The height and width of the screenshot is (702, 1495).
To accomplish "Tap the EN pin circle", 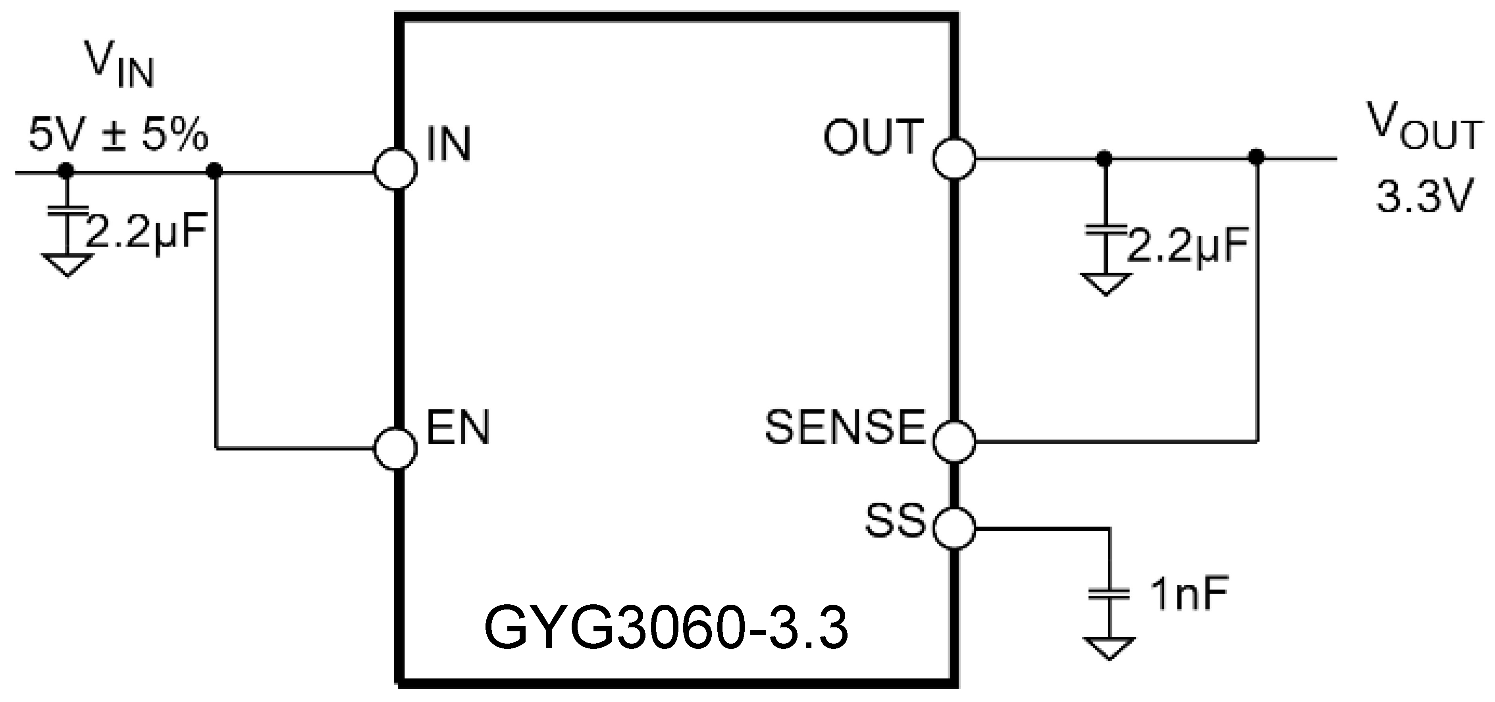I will tap(395, 448).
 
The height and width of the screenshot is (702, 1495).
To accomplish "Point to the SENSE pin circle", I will tap(954, 441).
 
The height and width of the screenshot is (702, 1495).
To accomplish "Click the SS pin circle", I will tap(954, 528).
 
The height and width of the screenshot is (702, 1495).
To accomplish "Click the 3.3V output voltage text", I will tap(1425, 197).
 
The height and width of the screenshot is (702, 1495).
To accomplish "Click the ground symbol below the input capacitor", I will tap(67, 265).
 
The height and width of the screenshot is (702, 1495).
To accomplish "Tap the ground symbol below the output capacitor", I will tap(1105, 284).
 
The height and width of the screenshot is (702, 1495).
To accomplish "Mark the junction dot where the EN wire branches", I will tap(215, 171).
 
